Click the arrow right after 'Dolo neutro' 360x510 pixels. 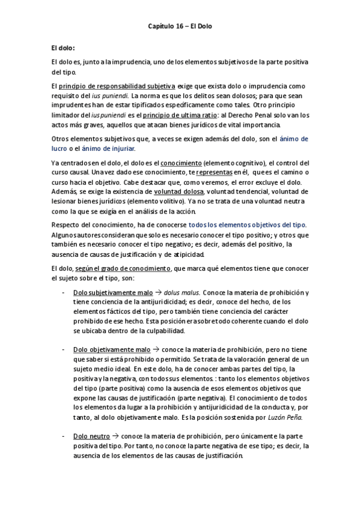116,436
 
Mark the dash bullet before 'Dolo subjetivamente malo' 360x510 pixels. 64,292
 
